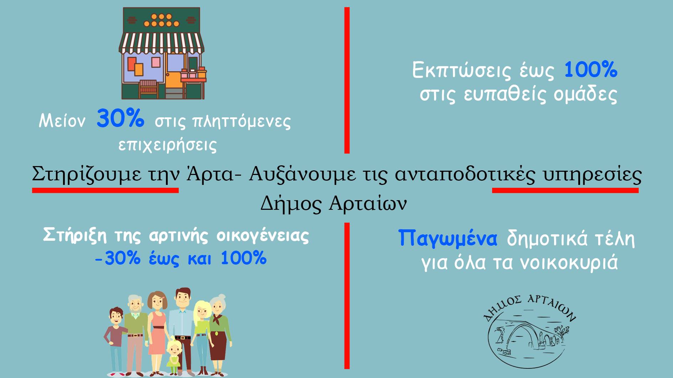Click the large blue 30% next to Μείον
pos(120,118)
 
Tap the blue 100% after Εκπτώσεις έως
pos(591,69)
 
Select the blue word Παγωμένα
pos(448,238)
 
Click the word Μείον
pos(62,121)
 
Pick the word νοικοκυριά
pos(569,263)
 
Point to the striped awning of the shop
pos(161,44)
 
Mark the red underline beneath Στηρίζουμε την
pos(105,191)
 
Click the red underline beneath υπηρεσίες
pos(565,191)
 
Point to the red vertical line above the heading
pos(347,80)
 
